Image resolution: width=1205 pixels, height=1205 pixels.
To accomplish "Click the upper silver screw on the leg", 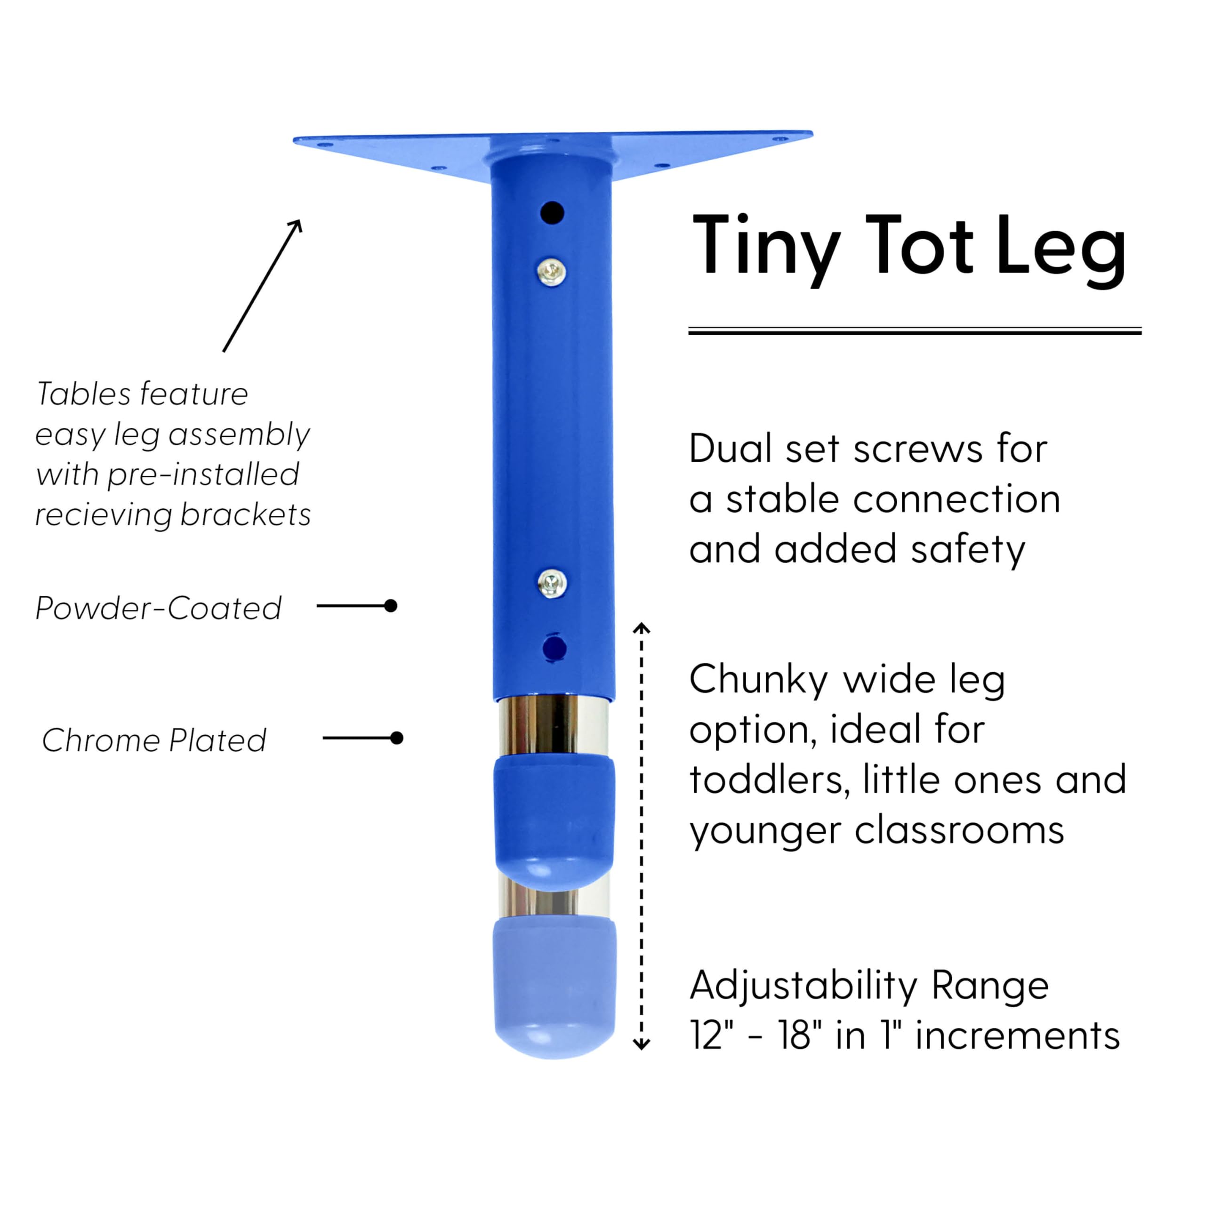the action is pos(551,271).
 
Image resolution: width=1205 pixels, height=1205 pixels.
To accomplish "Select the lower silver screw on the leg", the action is pos(551,583).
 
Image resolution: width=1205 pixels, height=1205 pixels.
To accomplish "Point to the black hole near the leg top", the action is pos(552,213).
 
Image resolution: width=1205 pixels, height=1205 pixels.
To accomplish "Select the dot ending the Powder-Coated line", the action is pos(391,606).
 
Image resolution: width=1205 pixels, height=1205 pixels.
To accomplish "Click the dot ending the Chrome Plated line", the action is pos(397,738).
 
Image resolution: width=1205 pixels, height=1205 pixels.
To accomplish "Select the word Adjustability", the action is pos(803,986).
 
